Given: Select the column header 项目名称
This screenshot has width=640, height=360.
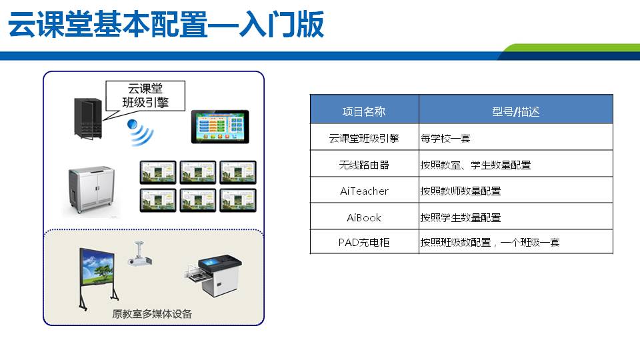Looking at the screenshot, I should (x=364, y=112).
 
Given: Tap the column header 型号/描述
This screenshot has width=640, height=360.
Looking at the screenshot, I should (x=515, y=112).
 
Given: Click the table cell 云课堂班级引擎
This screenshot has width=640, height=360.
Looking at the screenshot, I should (x=364, y=139).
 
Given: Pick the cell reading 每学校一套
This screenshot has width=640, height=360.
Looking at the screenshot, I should (x=445, y=139).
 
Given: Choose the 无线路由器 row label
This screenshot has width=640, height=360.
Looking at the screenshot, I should (x=364, y=165).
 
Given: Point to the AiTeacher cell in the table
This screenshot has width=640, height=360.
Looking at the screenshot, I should (x=364, y=191).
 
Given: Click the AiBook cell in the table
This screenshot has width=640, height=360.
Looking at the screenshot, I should (x=364, y=217).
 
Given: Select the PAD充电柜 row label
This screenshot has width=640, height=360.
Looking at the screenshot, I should (x=364, y=243).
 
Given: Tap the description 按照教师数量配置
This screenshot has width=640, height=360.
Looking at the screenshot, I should (x=460, y=191).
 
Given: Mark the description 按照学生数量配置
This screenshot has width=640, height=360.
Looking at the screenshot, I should (x=460, y=217).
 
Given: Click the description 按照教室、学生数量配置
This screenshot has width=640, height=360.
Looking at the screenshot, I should (x=475, y=165).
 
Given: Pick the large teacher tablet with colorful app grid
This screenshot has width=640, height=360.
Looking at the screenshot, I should (x=220, y=127).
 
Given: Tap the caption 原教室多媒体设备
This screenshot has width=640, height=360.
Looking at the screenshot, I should (x=152, y=313).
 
